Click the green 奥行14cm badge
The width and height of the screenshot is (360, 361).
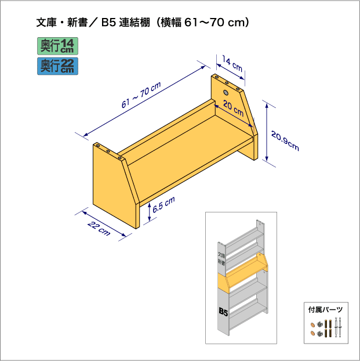58,46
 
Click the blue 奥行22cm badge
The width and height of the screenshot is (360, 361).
58,66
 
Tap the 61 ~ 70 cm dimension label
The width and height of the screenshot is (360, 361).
141,95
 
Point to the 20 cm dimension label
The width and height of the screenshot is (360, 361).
233,108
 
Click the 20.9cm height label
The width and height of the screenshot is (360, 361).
285,140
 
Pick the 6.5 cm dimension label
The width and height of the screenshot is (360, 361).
163,205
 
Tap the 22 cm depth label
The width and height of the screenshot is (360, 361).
99,228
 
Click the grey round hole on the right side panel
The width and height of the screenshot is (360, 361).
226,92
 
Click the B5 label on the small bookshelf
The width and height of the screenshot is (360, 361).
223,312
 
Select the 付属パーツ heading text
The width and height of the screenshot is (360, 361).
325,309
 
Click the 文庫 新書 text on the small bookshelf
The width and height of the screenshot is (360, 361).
221,259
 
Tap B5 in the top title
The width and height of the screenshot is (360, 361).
108,23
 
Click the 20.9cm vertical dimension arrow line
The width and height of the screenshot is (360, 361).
267,132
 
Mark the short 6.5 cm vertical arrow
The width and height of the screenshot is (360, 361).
150,212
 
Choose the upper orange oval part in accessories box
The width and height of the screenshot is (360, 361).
313,325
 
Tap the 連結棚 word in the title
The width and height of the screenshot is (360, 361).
134,23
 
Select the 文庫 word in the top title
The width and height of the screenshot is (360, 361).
46,23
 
